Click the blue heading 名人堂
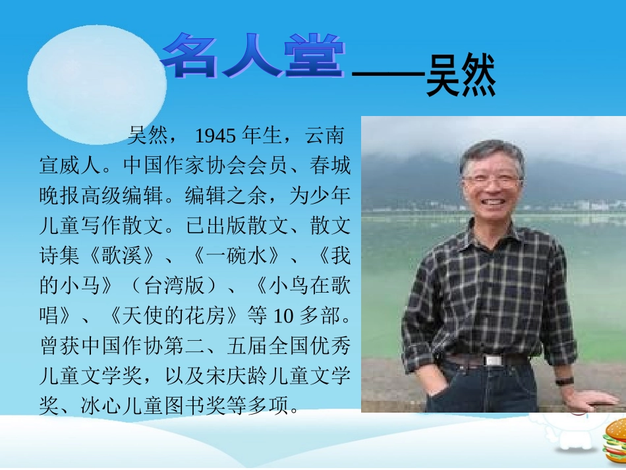click(254, 57)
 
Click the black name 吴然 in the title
click(461, 78)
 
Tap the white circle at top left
click(96, 84)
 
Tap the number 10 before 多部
click(281, 316)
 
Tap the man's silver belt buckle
click(494, 360)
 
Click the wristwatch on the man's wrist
click(563, 381)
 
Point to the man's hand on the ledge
click(590, 397)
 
